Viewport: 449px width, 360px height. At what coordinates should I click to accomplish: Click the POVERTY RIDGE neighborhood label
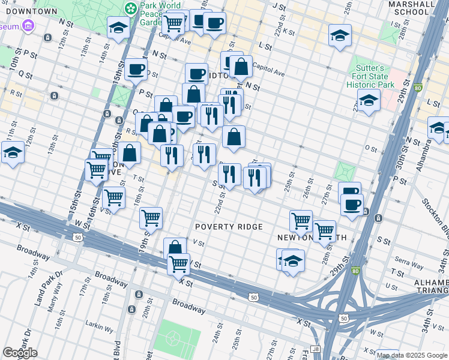(229, 227)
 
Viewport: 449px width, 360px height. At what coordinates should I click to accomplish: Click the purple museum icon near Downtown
(28, 26)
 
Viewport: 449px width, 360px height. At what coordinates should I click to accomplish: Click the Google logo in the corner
(20, 353)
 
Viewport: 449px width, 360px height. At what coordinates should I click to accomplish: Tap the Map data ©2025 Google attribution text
(411, 355)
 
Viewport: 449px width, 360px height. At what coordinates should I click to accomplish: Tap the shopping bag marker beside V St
(175, 247)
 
